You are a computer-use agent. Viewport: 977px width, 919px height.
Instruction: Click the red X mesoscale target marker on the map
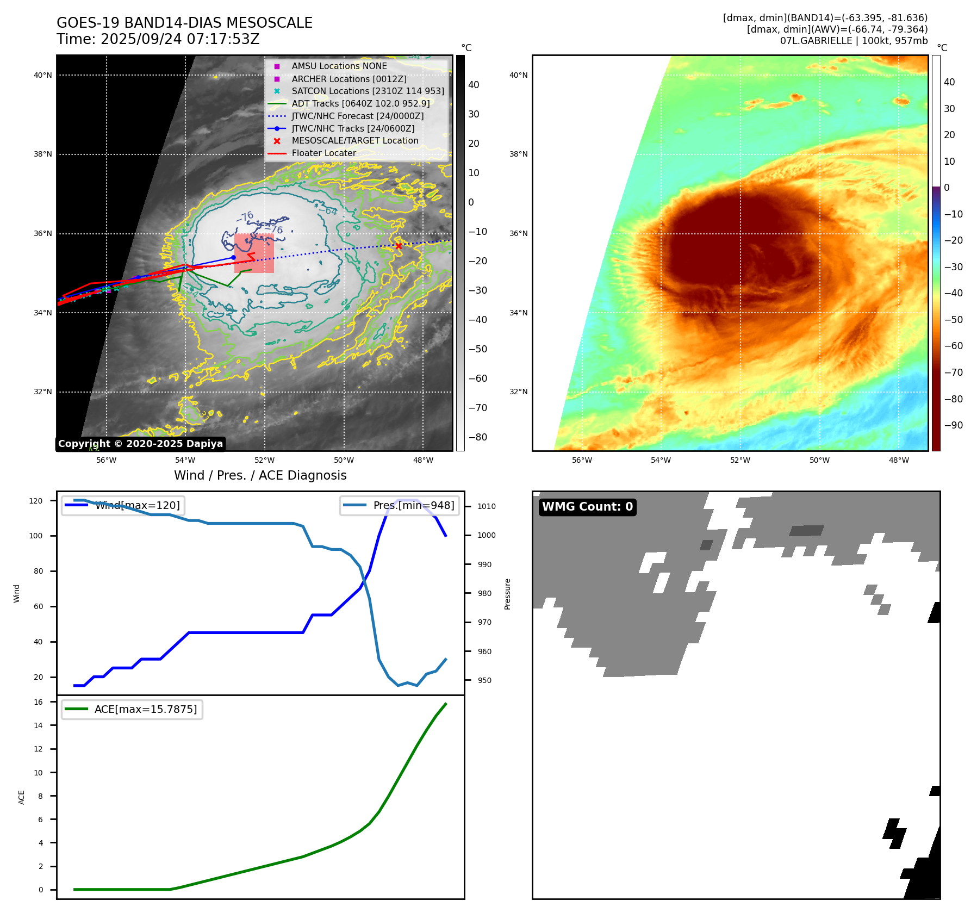pyautogui.click(x=399, y=246)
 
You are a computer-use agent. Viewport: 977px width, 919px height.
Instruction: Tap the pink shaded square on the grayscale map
pyautogui.click(x=254, y=253)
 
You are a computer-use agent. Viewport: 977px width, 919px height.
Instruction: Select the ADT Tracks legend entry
pyautogui.click(x=360, y=103)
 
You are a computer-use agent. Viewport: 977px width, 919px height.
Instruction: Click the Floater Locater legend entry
pyautogui.click(x=323, y=153)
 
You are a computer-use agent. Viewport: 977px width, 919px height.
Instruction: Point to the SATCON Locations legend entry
pyautogui.click(x=368, y=91)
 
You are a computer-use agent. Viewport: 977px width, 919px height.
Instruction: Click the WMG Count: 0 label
pyautogui.click(x=587, y=507)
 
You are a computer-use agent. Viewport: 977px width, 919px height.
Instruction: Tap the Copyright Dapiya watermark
pyautogui.click(x=140, y=444)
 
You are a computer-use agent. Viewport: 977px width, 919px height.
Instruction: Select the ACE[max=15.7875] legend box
pyautogui.click(x=132, y=709)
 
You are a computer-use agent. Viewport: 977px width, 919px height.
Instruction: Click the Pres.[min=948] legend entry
pyautogui.click(x=400, y=505)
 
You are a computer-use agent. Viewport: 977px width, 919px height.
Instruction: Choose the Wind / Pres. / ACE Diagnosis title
pyautogui.click(x=260, y=475)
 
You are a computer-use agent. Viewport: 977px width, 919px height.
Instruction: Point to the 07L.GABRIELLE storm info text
pyautogui.click(x=854, y=41)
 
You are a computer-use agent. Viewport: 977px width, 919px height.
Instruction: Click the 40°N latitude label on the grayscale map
pyautogui.click(x=43, y=75)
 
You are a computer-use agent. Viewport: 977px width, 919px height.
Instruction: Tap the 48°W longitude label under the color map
pyautogui.click(x=898, y=460)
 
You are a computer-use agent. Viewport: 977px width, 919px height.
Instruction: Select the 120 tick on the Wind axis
pyautogui.click(x=36, y=501)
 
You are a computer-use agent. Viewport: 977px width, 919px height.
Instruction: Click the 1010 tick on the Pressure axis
pyautogui.click(x=487, y=506)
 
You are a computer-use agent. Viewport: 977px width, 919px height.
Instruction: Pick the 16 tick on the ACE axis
pyautogui.click(x=39, y=702)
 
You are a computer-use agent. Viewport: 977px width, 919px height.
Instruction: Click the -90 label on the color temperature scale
pyautogui.click(x=953, y=425)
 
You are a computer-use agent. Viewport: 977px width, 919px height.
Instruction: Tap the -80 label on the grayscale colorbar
pyautogui.click(x=478, y=437)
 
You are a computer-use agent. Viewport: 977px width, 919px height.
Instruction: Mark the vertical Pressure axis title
pyautogui.click(x=508, y=594)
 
